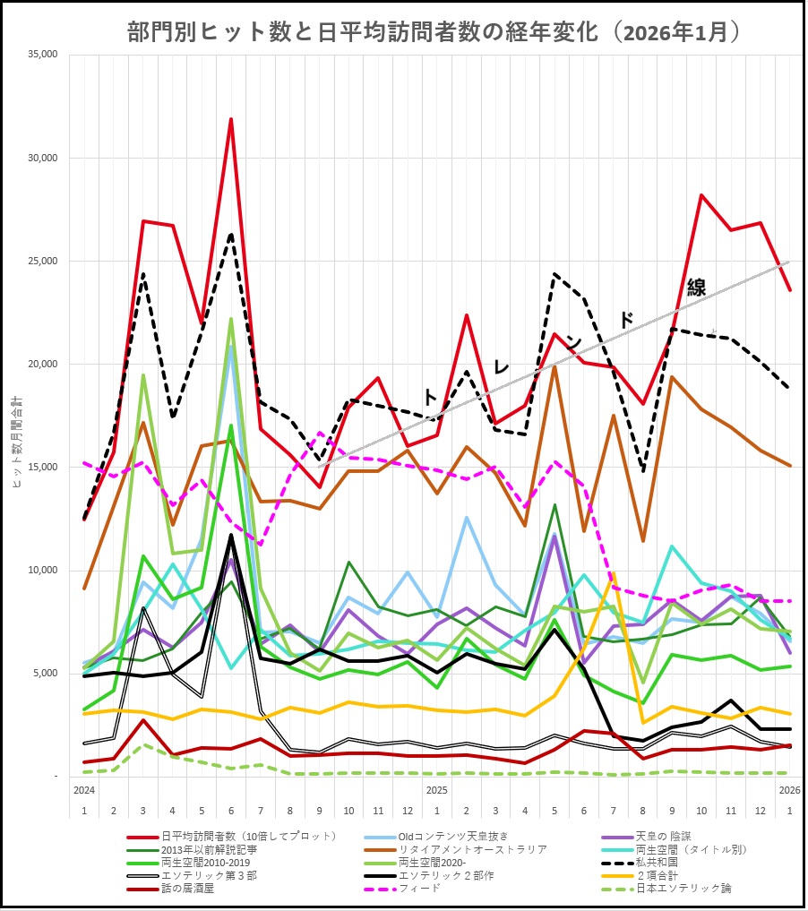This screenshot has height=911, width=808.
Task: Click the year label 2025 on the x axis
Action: coord(437,790)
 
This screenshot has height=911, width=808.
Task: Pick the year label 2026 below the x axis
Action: coord(788,790)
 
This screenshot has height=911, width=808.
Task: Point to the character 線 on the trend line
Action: coord(696,288)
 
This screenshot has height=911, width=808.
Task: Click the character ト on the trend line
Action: coord(430,397)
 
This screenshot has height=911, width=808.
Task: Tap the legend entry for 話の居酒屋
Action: coord(189,889)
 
